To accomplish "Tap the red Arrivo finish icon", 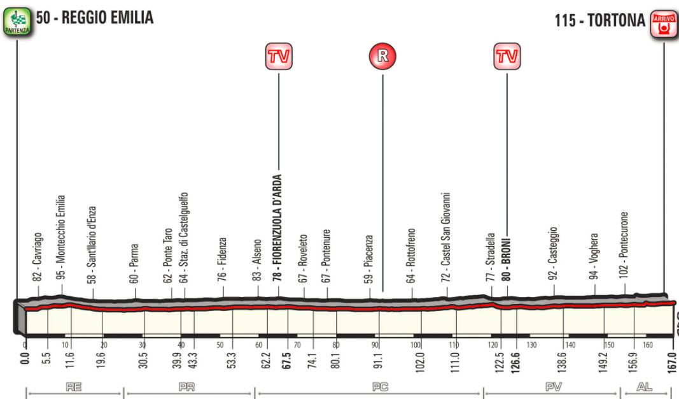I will (x=662, y=22).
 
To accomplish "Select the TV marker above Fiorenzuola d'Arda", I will (x=279, y=56).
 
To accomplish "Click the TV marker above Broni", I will (x=506, y=56).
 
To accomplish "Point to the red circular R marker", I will (x=382, y=55).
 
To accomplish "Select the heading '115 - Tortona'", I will (x=600, y=21).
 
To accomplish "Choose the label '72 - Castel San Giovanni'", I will (x=446, y=238).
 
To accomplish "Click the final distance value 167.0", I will (x=672, y=361).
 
